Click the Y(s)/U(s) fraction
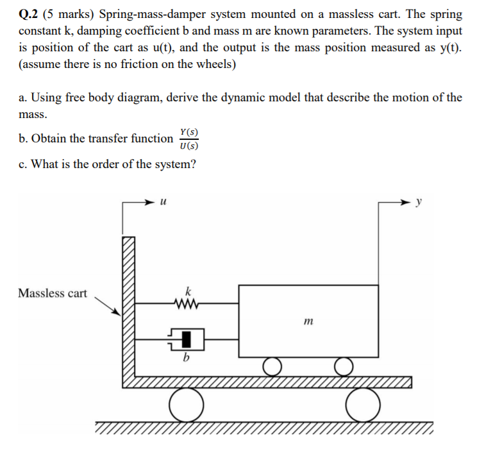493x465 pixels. pos(189,139)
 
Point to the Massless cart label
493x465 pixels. pos(53,293)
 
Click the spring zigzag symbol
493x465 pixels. pos(188,302)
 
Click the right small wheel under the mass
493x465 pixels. pos(344,367)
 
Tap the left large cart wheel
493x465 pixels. pos(187,404)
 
